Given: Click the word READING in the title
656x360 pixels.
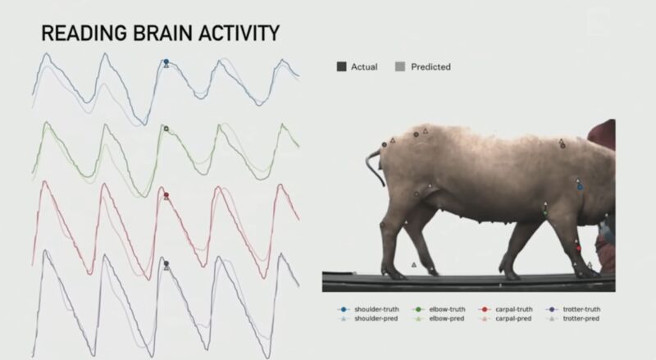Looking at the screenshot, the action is pyautogui.click(x=84, y=33).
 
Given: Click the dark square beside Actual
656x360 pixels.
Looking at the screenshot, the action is pyautogui.click(x=341, y=66).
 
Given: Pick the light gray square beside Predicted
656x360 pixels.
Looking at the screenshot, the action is pyautogui.click(x=400, y=66).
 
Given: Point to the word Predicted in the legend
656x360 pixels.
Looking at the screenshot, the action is pyautogui.click(x=430, y=67).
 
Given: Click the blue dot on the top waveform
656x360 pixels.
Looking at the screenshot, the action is pyautogui.click(x=166, y=62).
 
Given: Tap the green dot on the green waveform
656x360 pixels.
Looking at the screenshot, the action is pyautogui.click(x=166, y=129).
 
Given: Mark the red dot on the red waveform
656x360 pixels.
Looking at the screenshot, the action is pyautogui.click(x=166, y=195).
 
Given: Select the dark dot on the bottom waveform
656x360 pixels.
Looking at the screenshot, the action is pyautogui.click(x=166, y=263).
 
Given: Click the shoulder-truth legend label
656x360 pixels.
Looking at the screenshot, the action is pyautogui.click(x=376, y=309).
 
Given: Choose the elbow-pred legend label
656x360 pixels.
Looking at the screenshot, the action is pyautogui.click(x=447, y=318).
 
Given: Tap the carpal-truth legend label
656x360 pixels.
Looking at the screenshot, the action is pyautogui.click(x=514, y=309).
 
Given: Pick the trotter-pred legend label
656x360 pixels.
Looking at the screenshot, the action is pyautogui.click(x=581, y=318).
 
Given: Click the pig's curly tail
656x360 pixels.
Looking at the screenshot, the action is pyautogui.click(x=376, y=166).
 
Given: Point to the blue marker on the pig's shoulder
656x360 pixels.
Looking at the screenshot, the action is pyautogui.click(x=580, y=187).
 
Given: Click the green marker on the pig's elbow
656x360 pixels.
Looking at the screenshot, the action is pyautogui.click(x=545, y=212).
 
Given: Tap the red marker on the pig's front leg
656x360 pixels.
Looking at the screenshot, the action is pyautogui.click(x=579, y=248).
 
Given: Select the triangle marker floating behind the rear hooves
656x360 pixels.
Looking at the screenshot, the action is pyautogui.click(x=414, y=265).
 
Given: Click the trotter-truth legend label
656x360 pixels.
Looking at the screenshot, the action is pyautogui.click(x=581, y=309).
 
